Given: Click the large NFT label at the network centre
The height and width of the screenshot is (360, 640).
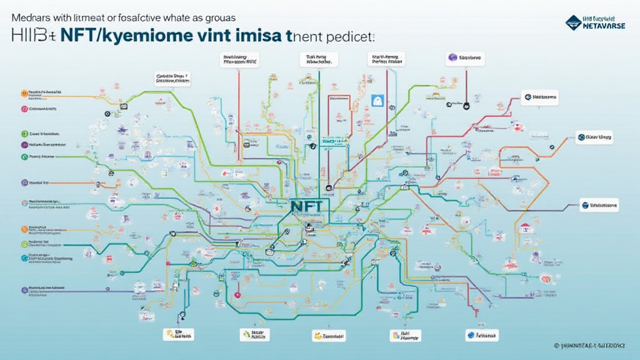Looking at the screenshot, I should [x=306, y=205].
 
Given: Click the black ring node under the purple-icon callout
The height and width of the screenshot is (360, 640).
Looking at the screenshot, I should [x=466, y=106].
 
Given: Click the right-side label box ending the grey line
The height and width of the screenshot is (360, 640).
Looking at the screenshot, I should [x=599, y=204].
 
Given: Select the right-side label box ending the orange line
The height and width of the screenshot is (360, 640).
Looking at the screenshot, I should [x=594, y=137].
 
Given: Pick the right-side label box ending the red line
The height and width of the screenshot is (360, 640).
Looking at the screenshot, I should [x=539, y=97].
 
